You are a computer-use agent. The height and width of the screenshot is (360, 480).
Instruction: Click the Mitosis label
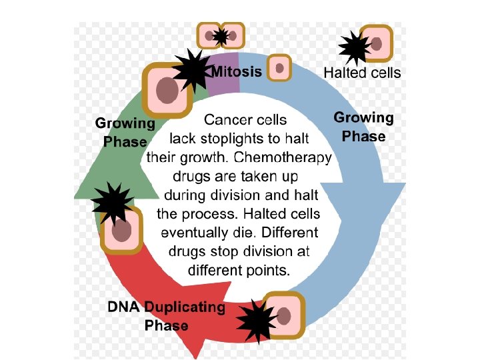tap(237, 71)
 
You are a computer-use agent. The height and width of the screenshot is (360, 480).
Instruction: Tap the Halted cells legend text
tap(362, 73)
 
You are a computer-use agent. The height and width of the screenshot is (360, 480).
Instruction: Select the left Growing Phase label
tap(125, 132)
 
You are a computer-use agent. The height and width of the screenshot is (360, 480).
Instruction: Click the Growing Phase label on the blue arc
tap(363, 127)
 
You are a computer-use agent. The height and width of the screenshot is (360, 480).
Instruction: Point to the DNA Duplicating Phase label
tap(167, 316)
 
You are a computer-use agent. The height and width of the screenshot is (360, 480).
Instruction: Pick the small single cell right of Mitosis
tap(279, 67)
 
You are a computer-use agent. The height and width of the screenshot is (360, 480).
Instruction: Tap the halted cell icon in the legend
tap(376, 44)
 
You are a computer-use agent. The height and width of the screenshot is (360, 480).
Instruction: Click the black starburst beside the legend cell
tap(354, 47)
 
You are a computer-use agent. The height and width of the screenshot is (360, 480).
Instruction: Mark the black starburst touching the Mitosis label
tap(193, 69)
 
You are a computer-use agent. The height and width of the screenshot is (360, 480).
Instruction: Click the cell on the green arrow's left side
tap(122, 230)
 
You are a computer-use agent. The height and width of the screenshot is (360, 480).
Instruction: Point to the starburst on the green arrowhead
tap(109, 203)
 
